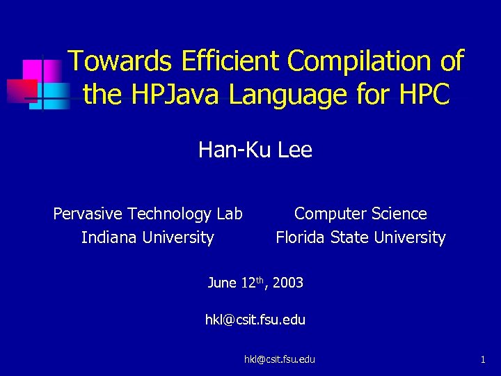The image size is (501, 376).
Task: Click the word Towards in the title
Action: [120, 61]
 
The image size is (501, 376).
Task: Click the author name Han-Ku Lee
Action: [255, 150]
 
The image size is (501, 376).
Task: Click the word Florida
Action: [301, 237]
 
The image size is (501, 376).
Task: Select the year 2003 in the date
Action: [288, 283]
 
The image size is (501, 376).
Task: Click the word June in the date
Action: [222, 283]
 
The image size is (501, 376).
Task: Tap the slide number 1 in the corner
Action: [482, 359]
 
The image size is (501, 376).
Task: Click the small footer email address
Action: [279, 359]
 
